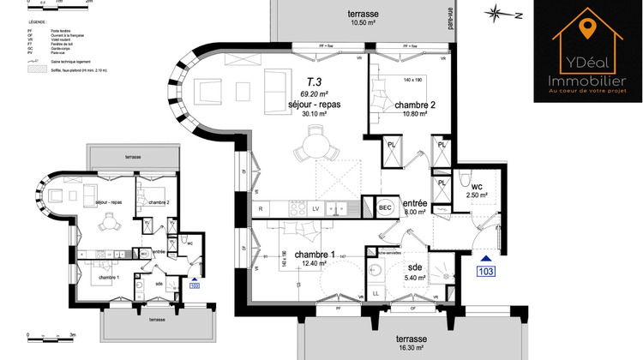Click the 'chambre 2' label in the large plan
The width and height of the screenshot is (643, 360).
point(415,105)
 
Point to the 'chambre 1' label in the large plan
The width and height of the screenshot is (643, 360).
point(314,255)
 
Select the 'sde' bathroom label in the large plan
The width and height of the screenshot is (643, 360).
point(415,267)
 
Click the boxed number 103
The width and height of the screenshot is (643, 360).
point(486,272)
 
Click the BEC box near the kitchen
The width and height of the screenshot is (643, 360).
point(384,207)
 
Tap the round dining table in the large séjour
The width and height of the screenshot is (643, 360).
point(314,148)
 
